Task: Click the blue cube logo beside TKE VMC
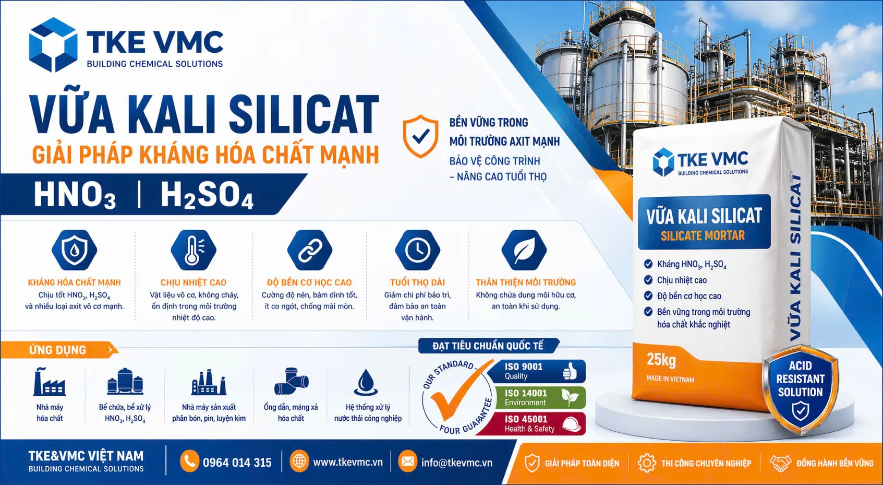click(x=53, y=44)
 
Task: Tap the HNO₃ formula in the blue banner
click(x=75, y=195)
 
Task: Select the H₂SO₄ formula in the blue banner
click(x=207, y=195)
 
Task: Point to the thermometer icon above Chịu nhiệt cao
click(x=193, y=250)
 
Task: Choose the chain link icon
click(x=309, y=250)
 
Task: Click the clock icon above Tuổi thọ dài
click(x=417, y=250)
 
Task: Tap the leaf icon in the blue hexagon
click(x=524, y=250)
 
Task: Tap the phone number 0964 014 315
click(x=237, y=463)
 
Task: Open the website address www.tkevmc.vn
click(x=348, y=462)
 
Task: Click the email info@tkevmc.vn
click(x=457, y=463)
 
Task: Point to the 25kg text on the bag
click(x=661, y=360)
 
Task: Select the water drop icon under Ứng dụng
click(x=366, y=382)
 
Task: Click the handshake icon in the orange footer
click(x=780, y=463)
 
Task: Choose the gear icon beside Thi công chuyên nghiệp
click(x=647, y=463)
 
